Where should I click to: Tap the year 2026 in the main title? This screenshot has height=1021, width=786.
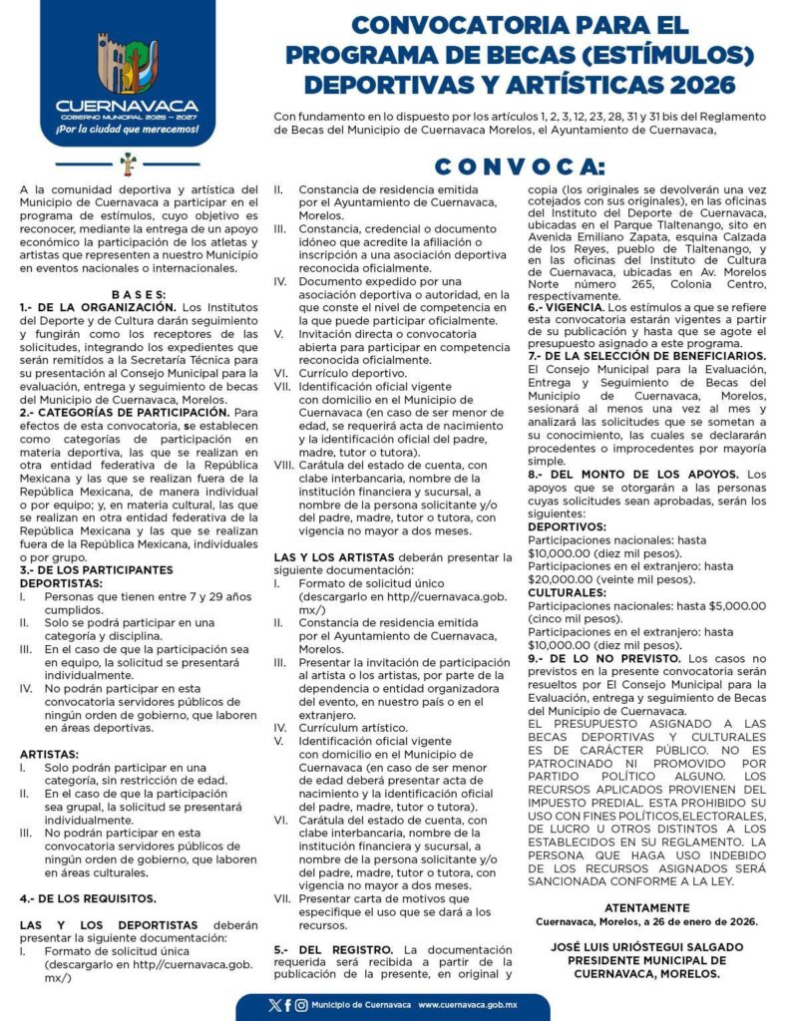[698, 85]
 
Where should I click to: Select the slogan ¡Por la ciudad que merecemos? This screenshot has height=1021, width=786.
[127, 130]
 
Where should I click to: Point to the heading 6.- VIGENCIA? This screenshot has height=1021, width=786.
[565, 307]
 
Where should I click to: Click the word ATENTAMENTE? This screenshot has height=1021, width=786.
[646, 907]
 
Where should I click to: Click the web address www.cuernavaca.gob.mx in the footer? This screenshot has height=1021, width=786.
[474, 1005]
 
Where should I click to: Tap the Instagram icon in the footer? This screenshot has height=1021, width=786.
[300, 1005]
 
